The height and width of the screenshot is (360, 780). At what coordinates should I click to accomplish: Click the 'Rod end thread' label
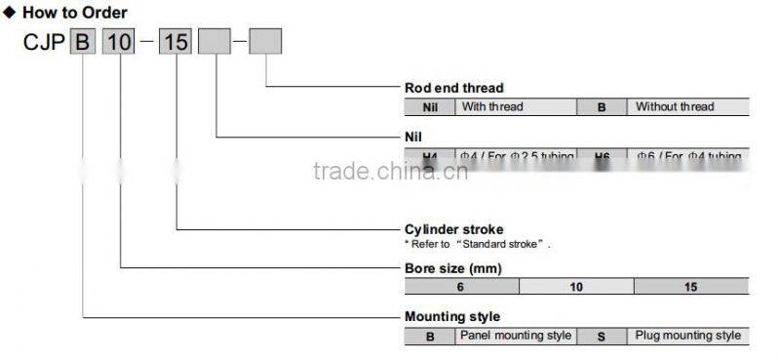[x=454, y=88]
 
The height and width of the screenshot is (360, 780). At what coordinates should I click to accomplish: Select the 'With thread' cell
[x=516, y=106]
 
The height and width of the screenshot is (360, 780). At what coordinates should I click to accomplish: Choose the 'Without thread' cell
[x=687, y=106]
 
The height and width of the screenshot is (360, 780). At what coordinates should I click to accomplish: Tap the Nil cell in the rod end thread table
[x=430, y=106]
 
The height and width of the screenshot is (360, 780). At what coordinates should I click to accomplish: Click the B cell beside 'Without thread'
[x=602, y=106]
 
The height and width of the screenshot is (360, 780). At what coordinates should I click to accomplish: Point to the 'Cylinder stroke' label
[x=453, y=229]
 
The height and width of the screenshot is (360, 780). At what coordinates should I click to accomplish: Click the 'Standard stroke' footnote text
[x=478, y=244]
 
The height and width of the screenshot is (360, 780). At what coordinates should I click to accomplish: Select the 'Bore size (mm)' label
[x=452, y=267]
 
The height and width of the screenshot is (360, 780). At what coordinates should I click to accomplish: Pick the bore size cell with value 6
[x=461, y=286]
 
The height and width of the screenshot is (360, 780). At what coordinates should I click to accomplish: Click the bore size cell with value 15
[x=691, y=286]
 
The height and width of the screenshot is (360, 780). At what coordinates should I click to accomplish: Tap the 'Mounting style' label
[x=452, y=316]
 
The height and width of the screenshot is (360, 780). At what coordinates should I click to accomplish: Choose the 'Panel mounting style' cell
[x=516, y=336]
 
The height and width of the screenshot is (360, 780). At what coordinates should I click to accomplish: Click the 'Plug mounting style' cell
[x=687, y=336]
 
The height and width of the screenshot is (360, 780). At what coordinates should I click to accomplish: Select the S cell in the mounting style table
[x=602, y=336]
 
